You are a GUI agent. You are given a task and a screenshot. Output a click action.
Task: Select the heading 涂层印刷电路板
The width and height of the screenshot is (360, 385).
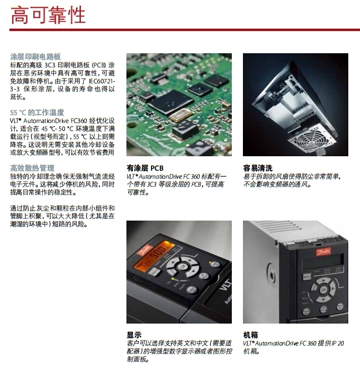35,57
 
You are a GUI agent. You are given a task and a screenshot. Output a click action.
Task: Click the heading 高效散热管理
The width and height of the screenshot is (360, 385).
32,168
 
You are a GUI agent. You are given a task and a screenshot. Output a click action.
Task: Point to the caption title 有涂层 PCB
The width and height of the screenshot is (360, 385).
145,168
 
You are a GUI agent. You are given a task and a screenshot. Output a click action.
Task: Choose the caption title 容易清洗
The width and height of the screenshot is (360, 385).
258,168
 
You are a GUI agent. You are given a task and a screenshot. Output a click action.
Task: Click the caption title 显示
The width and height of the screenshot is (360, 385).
134,335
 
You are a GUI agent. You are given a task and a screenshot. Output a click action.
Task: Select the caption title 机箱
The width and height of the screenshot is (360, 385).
251,335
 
